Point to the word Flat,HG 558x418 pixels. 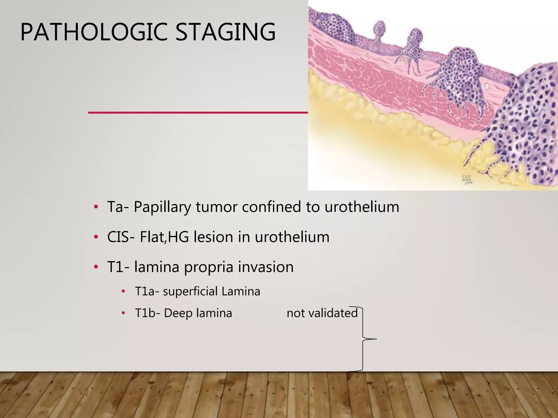[164, 237]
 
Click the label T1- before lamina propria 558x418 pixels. [118, 267]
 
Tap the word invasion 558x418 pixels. [266, 267]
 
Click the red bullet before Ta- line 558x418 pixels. [96, 207]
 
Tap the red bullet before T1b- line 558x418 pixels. [123, 313]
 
